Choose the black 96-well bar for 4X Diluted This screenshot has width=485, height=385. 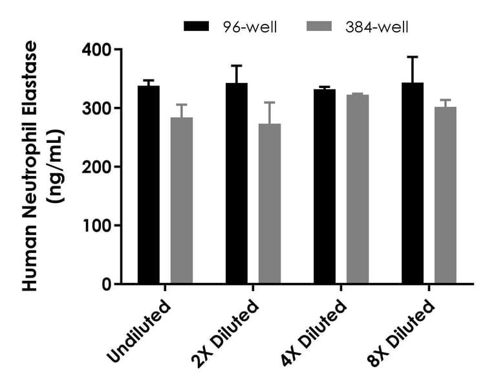coord(325,187)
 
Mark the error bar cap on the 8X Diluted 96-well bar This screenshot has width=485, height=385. coord(413,57)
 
